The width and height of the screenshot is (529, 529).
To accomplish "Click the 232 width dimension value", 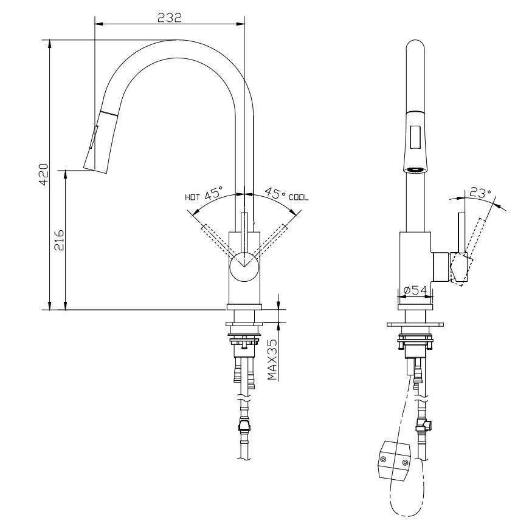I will [170, 18].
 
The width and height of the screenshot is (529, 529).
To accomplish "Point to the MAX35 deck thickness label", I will [273, 360].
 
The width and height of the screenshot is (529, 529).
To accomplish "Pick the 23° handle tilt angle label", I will [480, 194].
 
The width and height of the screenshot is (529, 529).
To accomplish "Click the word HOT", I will [193, 197].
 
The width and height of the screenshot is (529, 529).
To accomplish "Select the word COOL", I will [299, 197].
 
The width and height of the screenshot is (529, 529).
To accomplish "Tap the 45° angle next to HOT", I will [214, 195].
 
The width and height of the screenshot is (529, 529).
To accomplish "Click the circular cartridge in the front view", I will [244, 267].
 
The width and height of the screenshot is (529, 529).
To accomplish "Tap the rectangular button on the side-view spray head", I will [416, 136].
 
